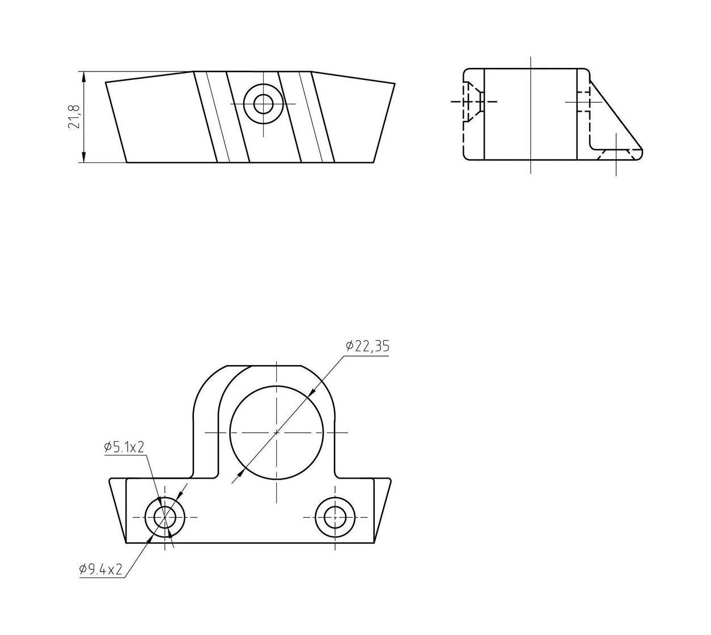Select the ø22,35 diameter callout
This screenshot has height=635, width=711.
click(x=367, y=346)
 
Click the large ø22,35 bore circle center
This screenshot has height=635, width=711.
click(x=277, y=433)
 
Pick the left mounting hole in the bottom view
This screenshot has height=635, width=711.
click(x=165, y=517)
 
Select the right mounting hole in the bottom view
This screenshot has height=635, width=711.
click(x=335, y=517)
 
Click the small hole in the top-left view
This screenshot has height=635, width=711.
click(x=263, y=104)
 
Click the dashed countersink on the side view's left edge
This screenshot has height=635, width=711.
click(x=473, y=101)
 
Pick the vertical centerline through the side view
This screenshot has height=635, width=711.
click(x=531, y=113)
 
